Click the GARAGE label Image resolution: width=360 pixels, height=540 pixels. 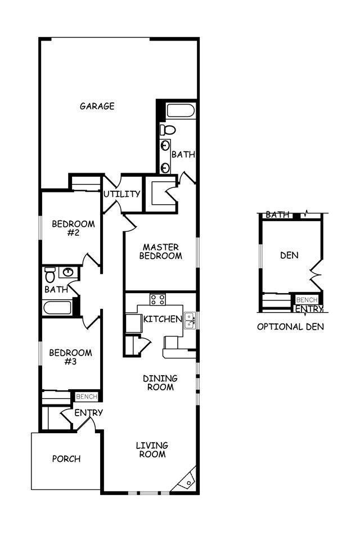[97, 106]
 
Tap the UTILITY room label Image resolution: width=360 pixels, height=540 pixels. [121, 194]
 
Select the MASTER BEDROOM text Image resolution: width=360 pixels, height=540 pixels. [160, 251]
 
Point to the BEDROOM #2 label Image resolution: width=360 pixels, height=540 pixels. [73, 228]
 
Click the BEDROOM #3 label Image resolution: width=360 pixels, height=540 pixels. [70, 357]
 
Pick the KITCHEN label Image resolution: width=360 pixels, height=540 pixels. [163, 319]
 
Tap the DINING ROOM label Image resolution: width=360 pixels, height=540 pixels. [160, 382]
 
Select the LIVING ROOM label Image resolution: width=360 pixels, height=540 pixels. [152, 449]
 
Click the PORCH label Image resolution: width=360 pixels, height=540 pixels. [66, 458]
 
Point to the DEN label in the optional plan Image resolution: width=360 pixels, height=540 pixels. [289, 255]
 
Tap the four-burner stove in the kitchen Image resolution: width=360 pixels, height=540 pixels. [157, 299]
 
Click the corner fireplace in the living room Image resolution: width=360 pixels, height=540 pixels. [187, 479]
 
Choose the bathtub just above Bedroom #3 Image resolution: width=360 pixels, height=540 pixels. [58, 308]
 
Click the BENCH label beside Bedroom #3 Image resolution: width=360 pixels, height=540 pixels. [87, 397]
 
